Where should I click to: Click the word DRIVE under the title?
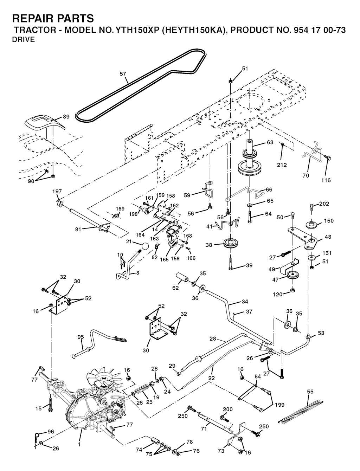23,40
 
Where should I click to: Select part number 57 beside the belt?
122,74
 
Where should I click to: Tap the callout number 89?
66,117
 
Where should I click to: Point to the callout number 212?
282,165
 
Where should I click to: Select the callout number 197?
57,192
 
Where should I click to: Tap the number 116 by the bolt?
326,180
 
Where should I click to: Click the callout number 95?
81,337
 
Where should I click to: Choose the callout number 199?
280,404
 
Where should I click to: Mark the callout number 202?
324,204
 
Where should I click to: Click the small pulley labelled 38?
231,244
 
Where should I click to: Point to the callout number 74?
139,449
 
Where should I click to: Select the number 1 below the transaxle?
79,444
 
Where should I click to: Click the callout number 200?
227,409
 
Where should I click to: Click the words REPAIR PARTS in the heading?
53,18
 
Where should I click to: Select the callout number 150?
329,221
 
